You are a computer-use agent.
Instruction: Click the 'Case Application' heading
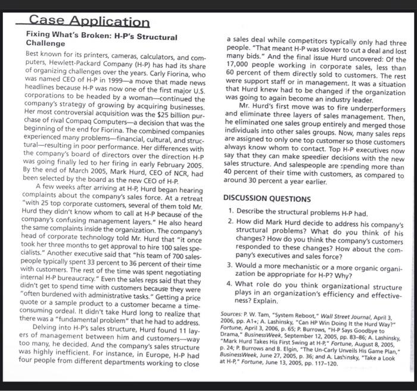click(90, 22)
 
